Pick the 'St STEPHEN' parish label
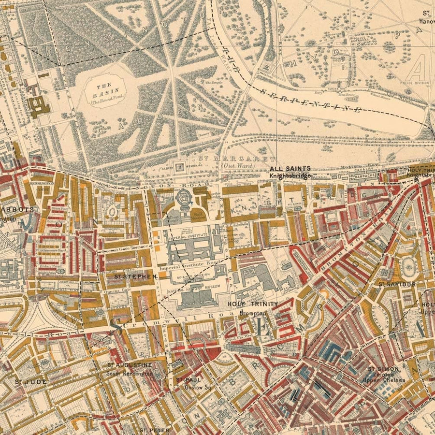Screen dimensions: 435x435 pos(136,276)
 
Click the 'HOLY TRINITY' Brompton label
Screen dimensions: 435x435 pos(253,304)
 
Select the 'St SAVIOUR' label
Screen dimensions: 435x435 pos(397,284)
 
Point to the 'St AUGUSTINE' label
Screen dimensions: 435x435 pos(130,365)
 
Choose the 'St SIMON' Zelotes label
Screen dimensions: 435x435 pos(383,369)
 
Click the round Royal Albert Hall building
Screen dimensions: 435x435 pos(184,197)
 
